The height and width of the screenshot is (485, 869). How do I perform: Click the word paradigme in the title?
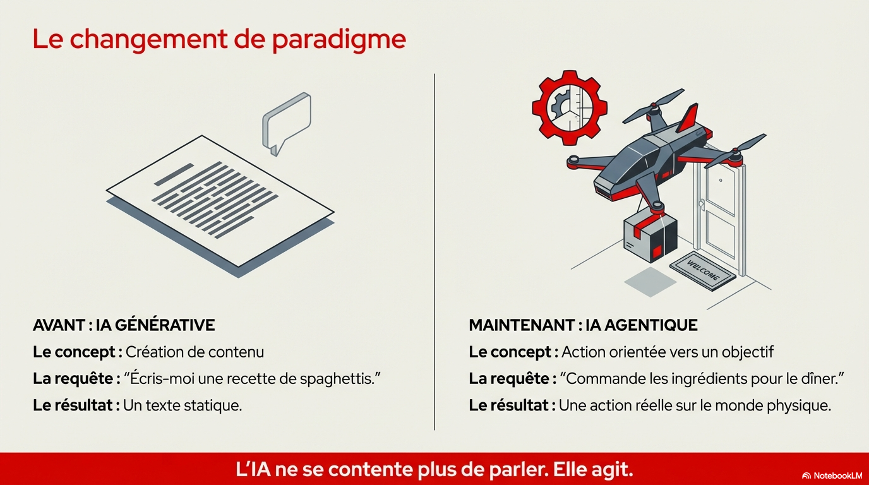click(339, 40)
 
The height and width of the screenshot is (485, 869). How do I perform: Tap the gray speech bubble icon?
click(287, 123)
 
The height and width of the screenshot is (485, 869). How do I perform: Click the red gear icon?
click(570, 108)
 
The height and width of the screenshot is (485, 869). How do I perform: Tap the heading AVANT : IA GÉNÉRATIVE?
click(124, 325)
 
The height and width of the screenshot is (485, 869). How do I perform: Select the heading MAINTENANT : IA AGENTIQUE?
click(583, 325)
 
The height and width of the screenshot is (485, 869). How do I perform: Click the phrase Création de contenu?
click(195, 352)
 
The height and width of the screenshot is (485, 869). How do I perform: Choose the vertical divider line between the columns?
click(434, 252)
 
